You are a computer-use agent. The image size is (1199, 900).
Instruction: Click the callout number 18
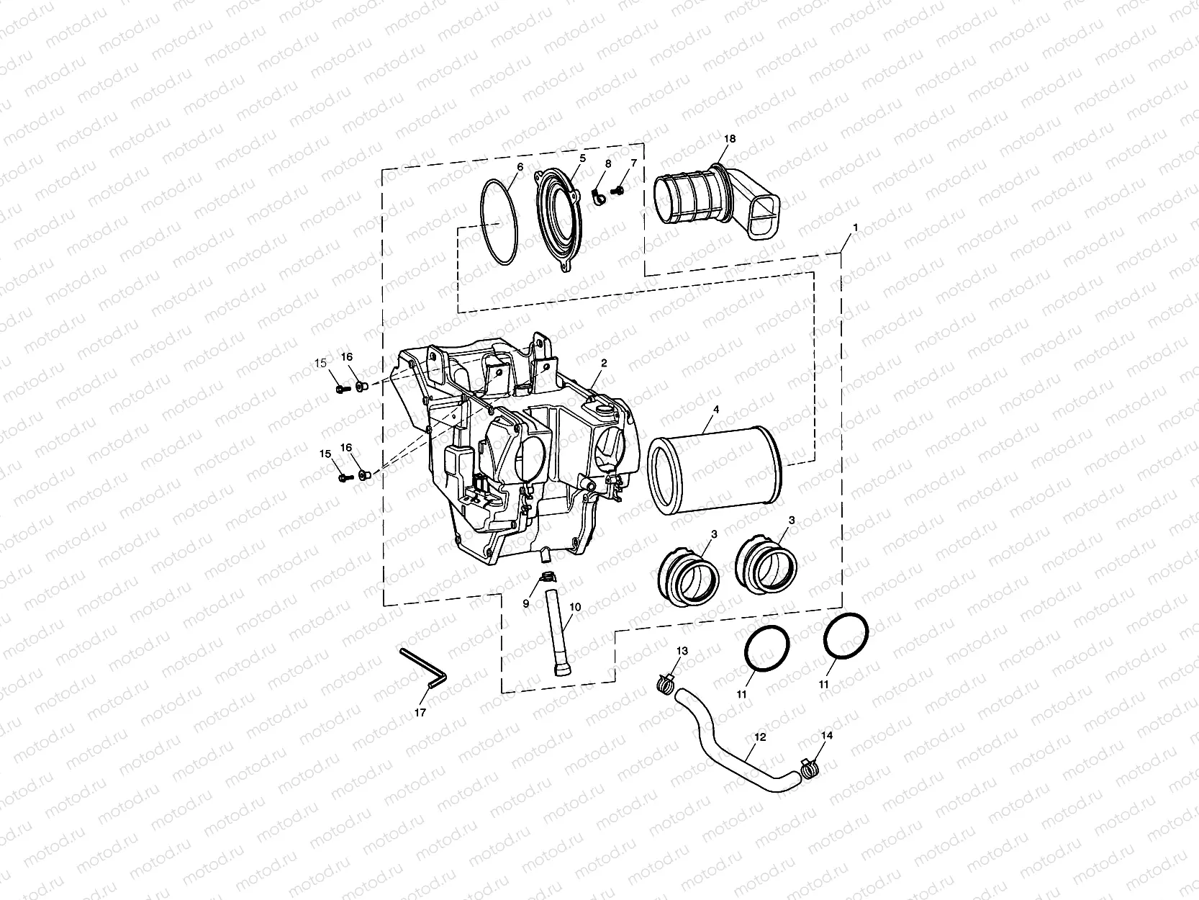[x=730, y=138]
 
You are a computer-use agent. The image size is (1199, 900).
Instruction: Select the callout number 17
[x=420, y=712]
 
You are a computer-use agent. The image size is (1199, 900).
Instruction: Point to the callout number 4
[x=715, y=409]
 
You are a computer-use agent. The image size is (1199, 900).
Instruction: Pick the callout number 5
[x=582, y=158]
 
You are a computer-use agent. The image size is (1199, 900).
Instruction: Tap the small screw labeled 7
[x=617, y=191]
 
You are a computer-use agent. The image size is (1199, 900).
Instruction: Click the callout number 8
[x=607, y=164]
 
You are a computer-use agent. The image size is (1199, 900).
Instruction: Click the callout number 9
[x=526, y=603]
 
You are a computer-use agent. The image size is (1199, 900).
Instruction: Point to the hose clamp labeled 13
[x=666, y=683]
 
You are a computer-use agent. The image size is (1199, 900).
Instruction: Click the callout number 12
[x=761, y=737]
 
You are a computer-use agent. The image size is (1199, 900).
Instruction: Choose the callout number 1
[x=855, y=228]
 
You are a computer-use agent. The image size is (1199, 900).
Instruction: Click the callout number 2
[x=604, y=364]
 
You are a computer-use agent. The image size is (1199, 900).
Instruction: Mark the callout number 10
[x=575, y=607]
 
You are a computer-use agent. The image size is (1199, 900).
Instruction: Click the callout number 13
[x=682, y=651]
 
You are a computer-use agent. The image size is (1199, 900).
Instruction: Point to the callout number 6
[x=520, y=166]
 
